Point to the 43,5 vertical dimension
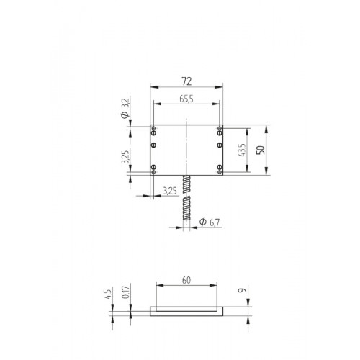[241, 150]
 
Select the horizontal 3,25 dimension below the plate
[170, 192]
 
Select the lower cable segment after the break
[186, 212]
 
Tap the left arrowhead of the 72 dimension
[152, 86]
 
